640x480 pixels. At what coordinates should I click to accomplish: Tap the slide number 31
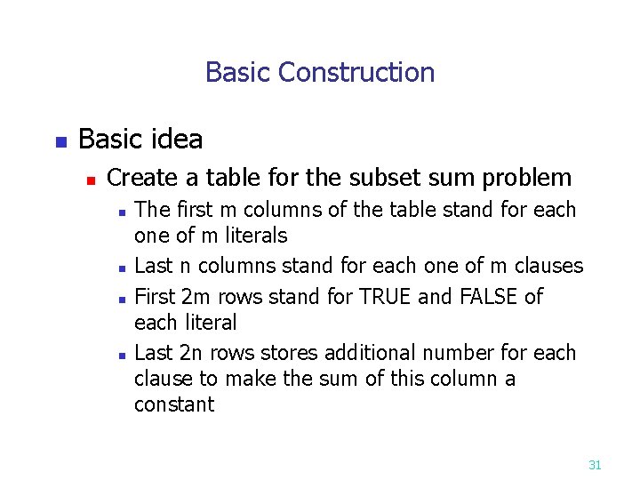point(596,464)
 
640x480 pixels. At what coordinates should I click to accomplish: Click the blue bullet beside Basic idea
point(60,141)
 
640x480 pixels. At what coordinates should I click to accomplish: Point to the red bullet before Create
point(90,180)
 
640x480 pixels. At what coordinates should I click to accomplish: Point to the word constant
point(174,404)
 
